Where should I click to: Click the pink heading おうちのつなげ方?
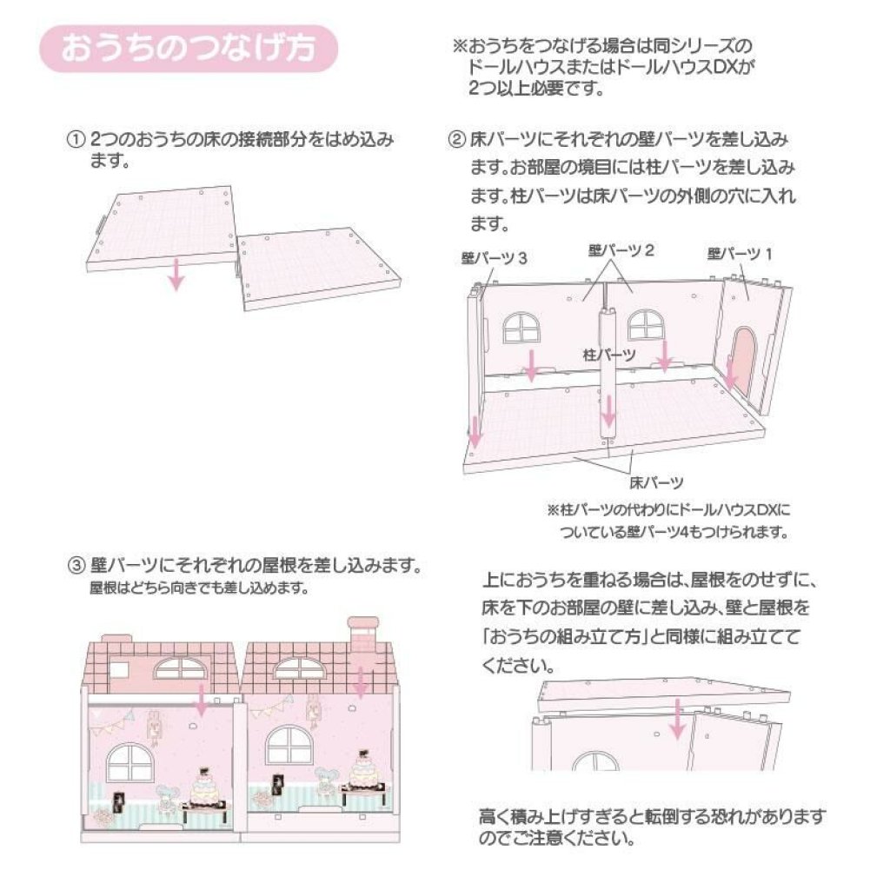click(188, 48)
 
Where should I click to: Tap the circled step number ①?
click(76, 140)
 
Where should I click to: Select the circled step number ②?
click(456, 140)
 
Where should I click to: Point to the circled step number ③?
click(76, 566)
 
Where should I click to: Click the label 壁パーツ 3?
click(494, 258)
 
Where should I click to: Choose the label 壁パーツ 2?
click(621, 250)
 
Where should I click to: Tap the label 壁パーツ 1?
click(740, 254)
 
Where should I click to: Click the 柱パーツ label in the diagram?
click(609, 355)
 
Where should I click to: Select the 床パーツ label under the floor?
click(656, 483)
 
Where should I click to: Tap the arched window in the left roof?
click(181, 669)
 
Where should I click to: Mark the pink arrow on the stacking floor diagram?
click(676, 719)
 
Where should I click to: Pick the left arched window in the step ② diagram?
click(521, 328)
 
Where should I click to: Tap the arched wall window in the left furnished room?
click(130, 762)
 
